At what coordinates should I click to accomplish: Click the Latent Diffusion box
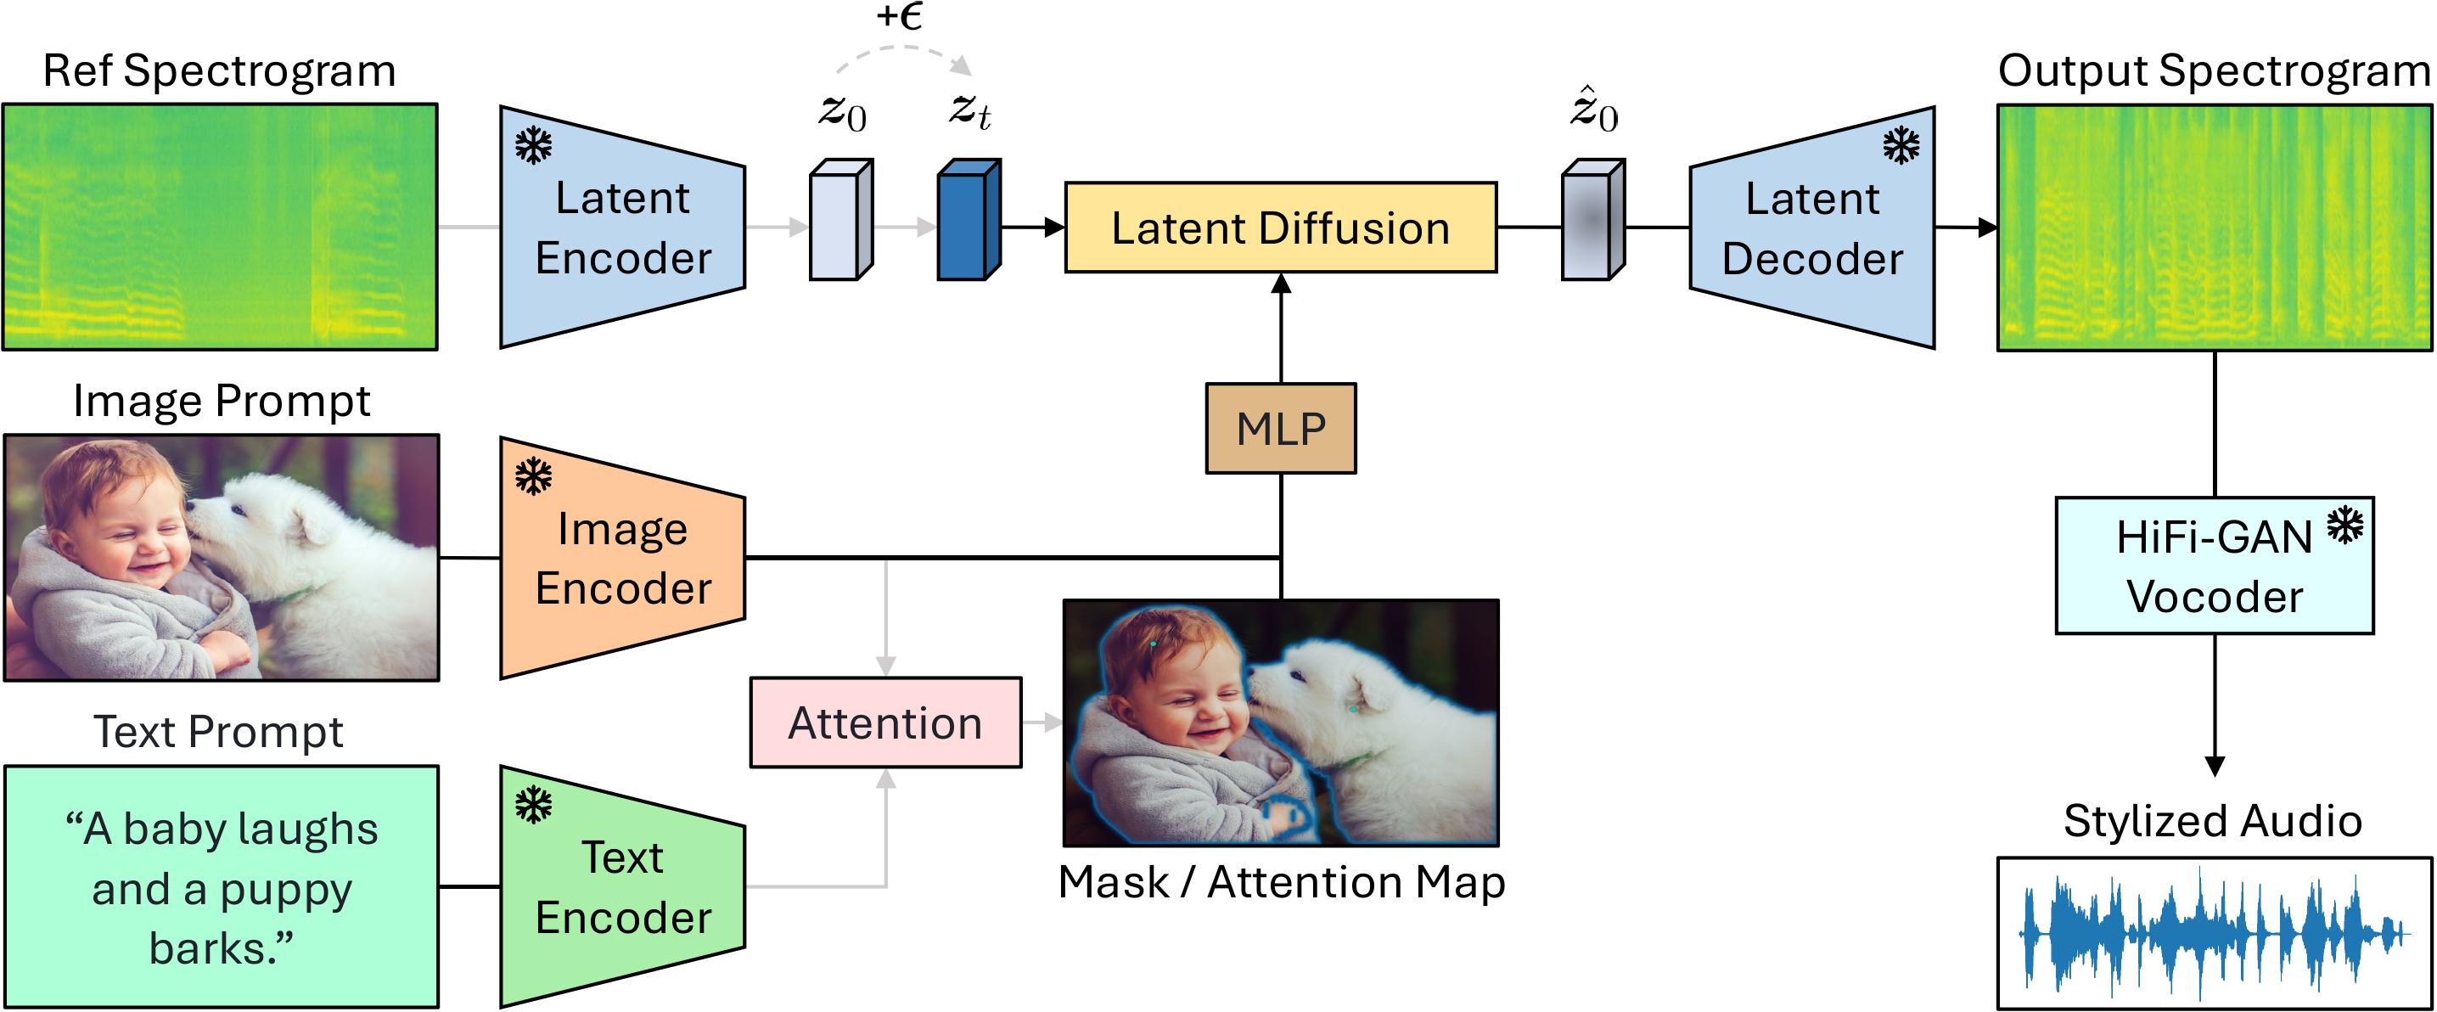1281,228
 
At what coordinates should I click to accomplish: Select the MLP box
1281,429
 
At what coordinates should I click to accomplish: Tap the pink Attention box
885,722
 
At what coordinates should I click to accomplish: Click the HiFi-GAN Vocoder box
2215,565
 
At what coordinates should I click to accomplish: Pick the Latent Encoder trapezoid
622,227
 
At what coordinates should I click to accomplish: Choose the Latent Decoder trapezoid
1812,228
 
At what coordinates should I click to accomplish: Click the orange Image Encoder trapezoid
622,558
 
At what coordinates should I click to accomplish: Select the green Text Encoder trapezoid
622,887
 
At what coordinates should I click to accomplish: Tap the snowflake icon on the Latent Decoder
1901,146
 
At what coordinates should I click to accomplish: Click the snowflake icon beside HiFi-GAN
2345,525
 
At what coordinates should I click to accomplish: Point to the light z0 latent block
841,219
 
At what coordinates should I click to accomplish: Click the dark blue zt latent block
969,219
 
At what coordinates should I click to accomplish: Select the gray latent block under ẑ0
1593,219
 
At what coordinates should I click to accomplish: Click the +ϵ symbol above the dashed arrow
899,16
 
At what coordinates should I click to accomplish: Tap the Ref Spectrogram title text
220,71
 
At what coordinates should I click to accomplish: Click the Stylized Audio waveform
2215,934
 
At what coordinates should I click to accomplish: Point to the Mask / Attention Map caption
1281,882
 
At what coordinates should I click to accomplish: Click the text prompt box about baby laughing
222,887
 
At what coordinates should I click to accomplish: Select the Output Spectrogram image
2215,228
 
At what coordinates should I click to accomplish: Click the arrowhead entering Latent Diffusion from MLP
1281,283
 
